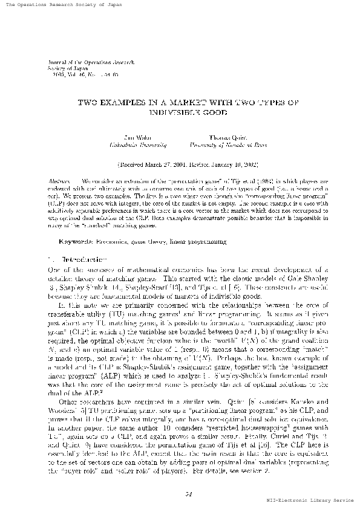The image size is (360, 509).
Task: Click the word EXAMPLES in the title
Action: coord(126,103)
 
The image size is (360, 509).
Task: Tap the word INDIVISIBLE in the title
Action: coord(172,112)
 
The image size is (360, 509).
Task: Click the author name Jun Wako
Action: coord(133,138)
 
